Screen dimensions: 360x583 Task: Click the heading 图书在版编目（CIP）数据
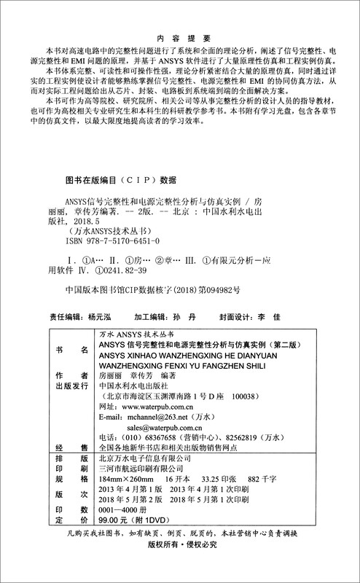[x=117, y=179]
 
